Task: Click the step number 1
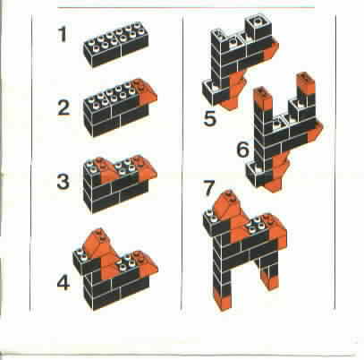63,35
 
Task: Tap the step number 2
63,107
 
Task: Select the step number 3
63,182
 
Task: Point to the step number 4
63,283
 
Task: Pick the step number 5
210,118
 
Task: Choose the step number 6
243,150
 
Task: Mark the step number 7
208,188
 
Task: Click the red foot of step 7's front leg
222,299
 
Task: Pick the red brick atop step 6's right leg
305,83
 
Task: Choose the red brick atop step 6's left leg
263,99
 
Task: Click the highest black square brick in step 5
258,26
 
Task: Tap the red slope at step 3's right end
145,168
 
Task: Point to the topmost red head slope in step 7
229,206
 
